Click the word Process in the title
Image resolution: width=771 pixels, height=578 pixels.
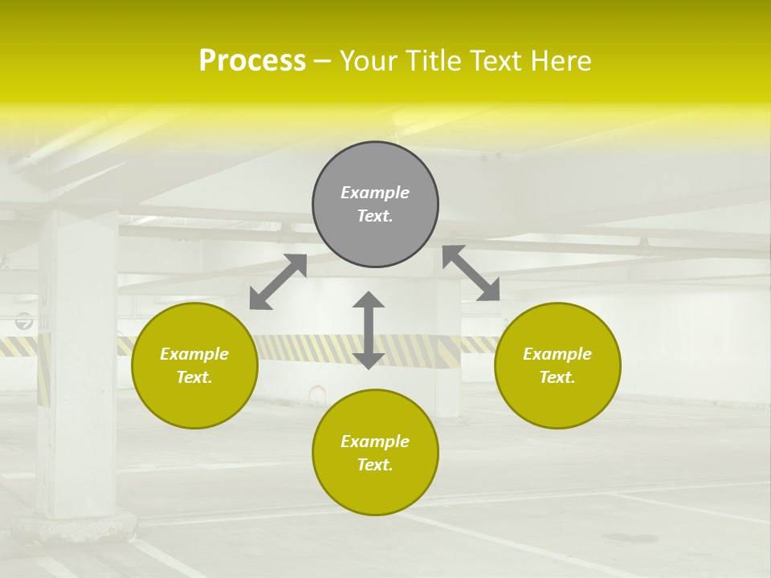pos(252,61)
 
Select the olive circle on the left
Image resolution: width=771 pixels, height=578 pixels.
pos(194,401)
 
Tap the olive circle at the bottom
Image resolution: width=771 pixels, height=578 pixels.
pos(375,490)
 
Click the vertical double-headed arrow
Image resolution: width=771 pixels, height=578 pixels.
pos(369,330)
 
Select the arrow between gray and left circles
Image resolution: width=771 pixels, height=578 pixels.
pos(278,282)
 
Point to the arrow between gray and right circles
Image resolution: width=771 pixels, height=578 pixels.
pos(471,273)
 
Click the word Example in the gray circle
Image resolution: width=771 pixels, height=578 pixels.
pos(375,193)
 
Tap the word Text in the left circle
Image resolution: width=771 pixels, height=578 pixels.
pos(194,377)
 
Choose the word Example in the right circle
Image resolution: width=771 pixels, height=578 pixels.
pos(557,354)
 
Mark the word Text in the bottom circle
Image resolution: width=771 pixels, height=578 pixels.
pos(375,465)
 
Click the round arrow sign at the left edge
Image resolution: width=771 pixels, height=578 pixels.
pos(24,321)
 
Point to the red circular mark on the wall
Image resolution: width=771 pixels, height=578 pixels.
pos(317,393)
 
